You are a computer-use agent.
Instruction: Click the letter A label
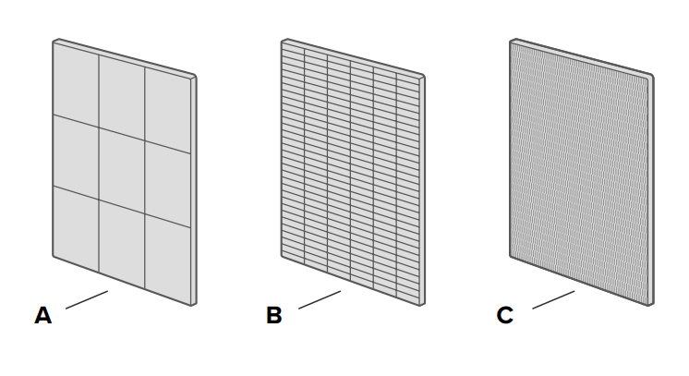pyautogui.click(x=43, y=315)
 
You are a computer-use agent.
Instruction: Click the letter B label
pyautogui.click(x=274, y=315)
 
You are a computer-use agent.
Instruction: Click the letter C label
pyautogui.click(x=505, y=315)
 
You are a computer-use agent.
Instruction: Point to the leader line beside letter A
pyautogui.click(x=87, y=299)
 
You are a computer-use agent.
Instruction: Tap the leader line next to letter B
pyautogui.click(x=320, y=299)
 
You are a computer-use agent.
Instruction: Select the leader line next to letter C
pyautogui.click(x=553, y=299)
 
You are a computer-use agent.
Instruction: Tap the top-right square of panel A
pyautogui.click(x=167, y=110)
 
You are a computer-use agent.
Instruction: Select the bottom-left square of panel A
pyautogui.click(x=76, y=228)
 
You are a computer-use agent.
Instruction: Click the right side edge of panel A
pyautogui.click(x=194, y=190)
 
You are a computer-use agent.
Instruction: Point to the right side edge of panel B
pyautogui.click(x=422, y=190)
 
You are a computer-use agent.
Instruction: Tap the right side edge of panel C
pyautogui.click(x=651, y=190)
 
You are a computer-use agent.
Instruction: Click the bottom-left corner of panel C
pyautogui.click(x=511, y=256)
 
